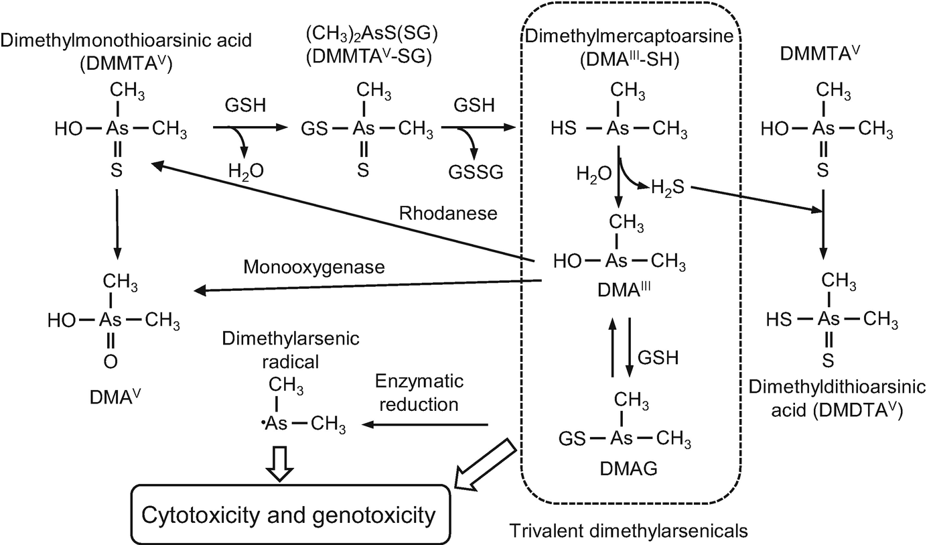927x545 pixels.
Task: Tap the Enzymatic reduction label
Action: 416,393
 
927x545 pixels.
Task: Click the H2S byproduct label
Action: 668,190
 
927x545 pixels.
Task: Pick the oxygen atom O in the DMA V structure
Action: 111,363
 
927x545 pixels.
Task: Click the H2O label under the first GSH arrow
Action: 245,172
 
